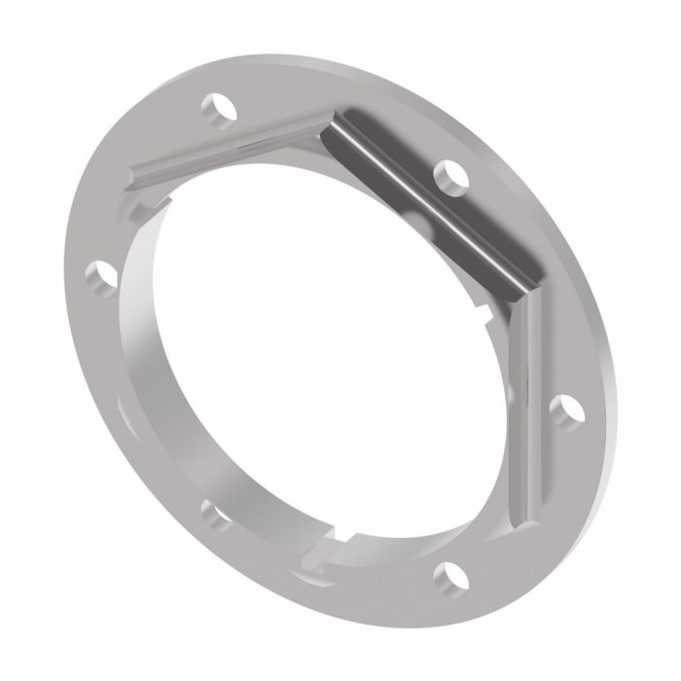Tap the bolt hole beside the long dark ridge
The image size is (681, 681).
(x=449, y=174)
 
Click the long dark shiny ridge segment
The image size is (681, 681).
(x=428, y=199)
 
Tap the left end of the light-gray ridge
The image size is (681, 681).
(x=136, y=175)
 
